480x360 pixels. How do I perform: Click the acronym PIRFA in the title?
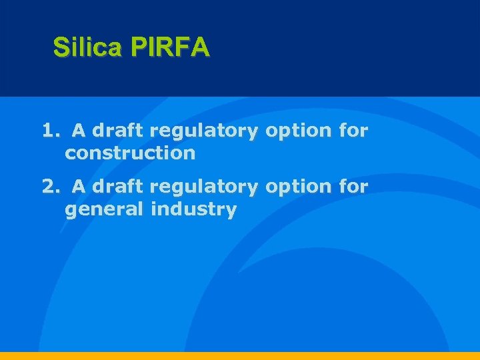(x=171, y=47)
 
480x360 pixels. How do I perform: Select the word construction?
(x=130, y=153)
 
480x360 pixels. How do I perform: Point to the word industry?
(x=193, y=209)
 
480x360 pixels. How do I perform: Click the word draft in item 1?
(x=118, y=130)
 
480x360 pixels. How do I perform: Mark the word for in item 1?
(x=353, y=130)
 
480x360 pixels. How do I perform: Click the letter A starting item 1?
(x=79, y=130)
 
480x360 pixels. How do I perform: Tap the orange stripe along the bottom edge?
(x=240, y=356)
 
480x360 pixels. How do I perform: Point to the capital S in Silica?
(x=61, y=47)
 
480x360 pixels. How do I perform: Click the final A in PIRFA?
(x=201, y=47)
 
